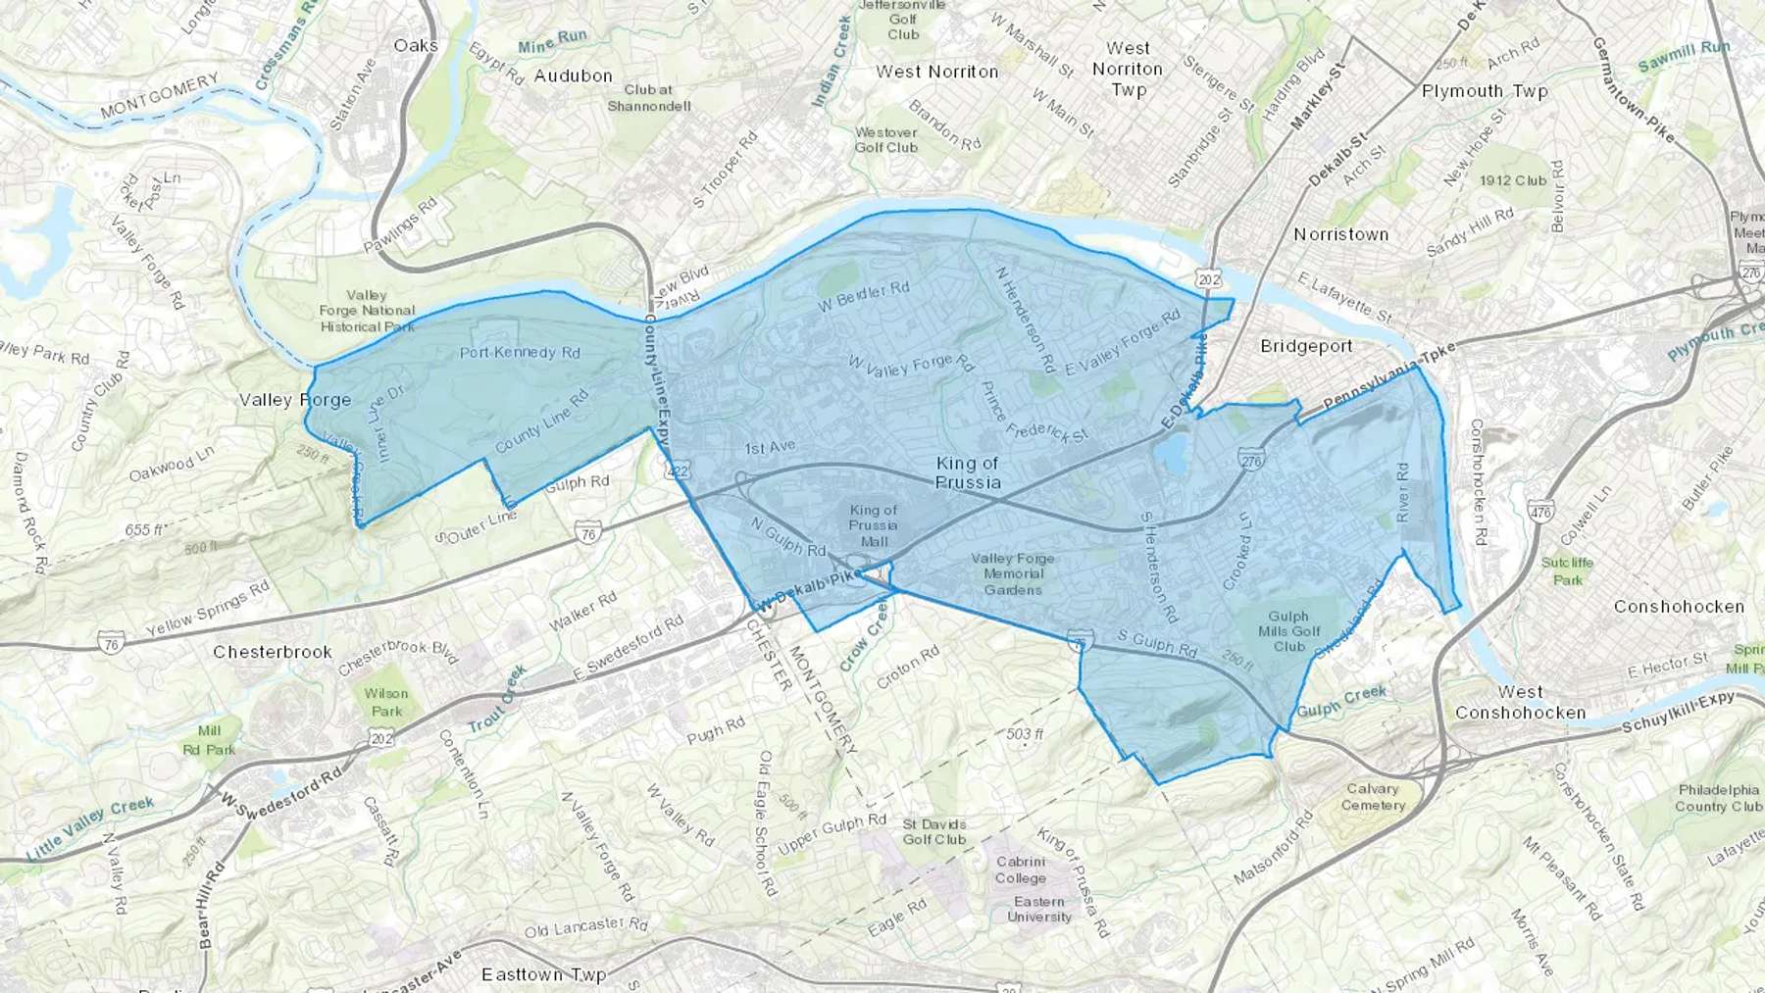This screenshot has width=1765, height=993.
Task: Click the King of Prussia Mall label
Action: tap(873, 525)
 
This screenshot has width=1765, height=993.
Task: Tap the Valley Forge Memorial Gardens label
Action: tap(1013, 573)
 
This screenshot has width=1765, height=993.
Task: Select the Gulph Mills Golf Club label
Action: tap(1288, 631)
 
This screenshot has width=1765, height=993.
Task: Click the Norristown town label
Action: tap(1340, 234)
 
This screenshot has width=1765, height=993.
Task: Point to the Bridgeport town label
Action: tap(1306, 346)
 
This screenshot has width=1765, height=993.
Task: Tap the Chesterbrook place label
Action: tap(273, 652)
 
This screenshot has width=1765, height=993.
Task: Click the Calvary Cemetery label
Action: tap(1373, 797)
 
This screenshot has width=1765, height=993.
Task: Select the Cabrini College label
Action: tap(1021, 869)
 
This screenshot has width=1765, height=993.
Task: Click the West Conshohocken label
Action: tap(1520, 703)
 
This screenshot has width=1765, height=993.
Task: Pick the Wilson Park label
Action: tap(386, 702)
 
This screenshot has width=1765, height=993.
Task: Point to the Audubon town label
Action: tap(573, 75)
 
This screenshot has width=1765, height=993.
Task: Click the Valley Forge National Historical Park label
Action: tap(367, 311)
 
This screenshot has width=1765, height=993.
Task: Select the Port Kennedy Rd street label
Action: tap(520, 352)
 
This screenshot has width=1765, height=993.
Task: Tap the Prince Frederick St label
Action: tap(1034, 412)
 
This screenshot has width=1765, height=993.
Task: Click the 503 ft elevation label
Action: tap(1025, 734)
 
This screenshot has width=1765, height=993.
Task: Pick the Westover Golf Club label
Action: tap(885, 139)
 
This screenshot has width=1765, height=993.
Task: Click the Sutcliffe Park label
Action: tap(1567, 571)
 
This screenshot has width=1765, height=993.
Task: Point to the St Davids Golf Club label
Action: tap(934, 831)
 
